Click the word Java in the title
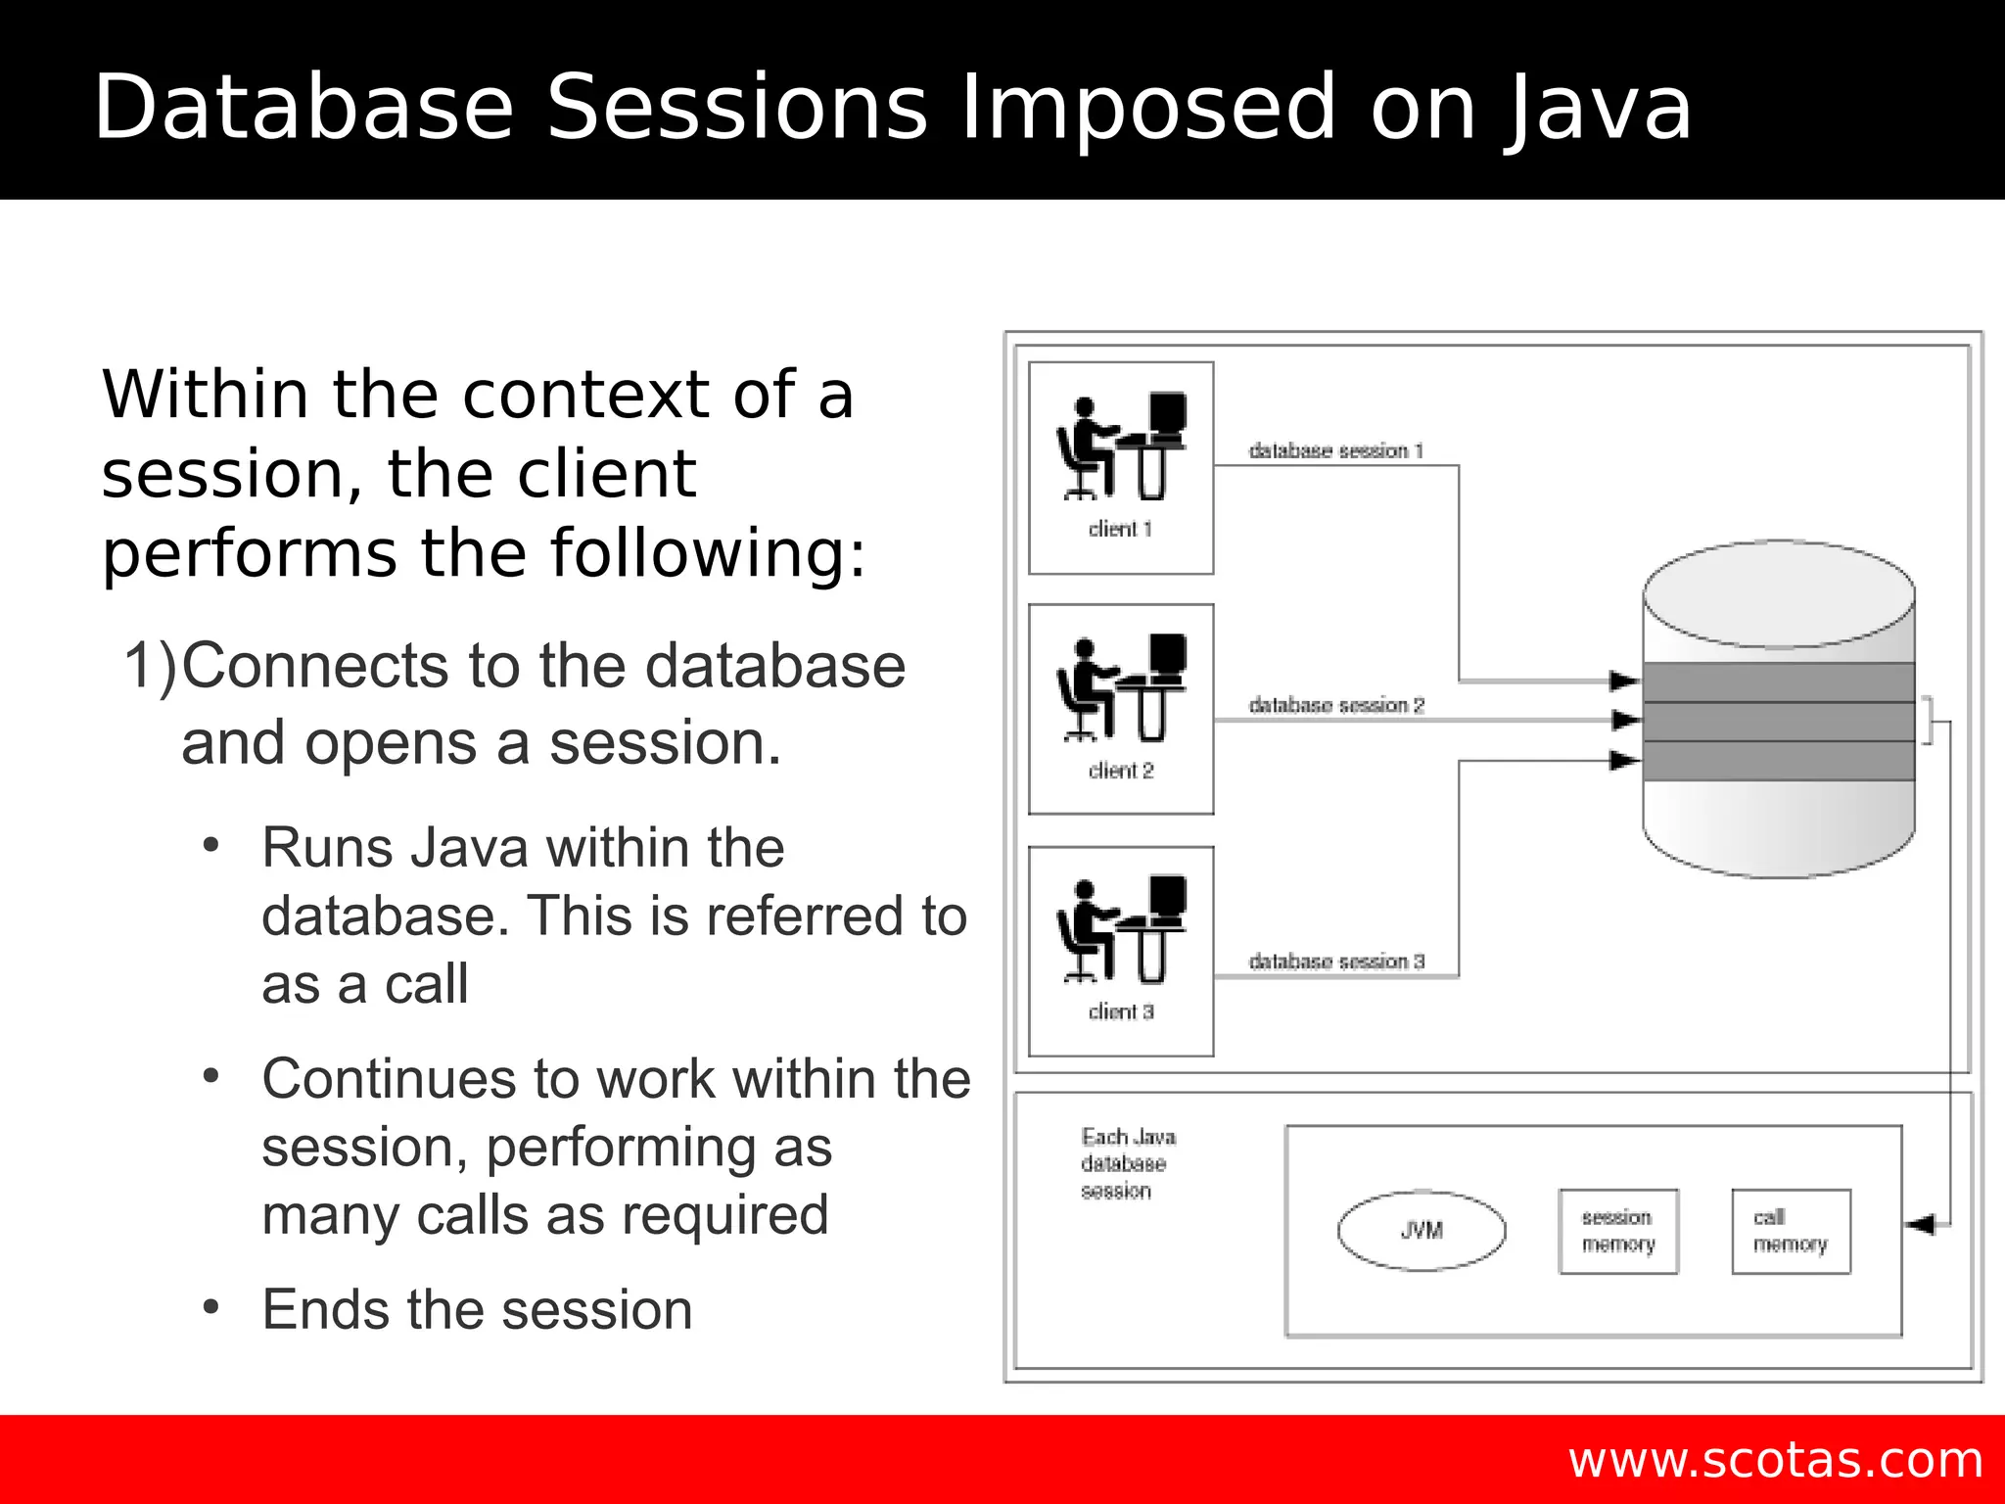[x=1598, y=108]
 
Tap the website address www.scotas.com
[x=1775, y=1460]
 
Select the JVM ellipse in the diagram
[x=1421, y=1230]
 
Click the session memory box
[x=1617, y=1231]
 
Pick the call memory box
[x=1791, y=1231]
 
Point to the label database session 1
[x=1335, y=450]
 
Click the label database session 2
[x=1336, y=705]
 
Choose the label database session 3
[x=1336, y=962]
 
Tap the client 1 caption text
[x=1120, y=529]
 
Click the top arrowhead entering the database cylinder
[x=1624, y=681]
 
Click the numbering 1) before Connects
[x=151, y=666]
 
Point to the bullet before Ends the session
[x=210, y=1307]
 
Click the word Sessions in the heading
[x=735, y=108]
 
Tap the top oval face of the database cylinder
[x=1778, y=593]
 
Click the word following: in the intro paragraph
[x=707, y=553]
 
